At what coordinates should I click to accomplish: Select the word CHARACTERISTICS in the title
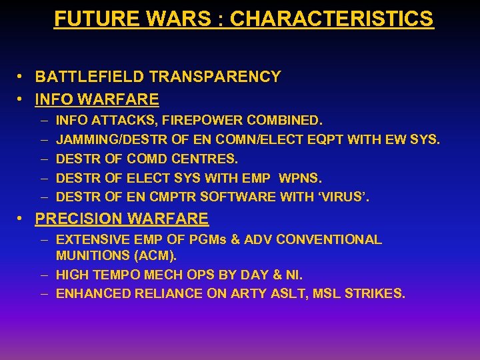(x=331, y=19)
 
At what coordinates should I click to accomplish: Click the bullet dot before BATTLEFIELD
(x=23, y=77)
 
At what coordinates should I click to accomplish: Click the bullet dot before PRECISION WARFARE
(x=23, y=219)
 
